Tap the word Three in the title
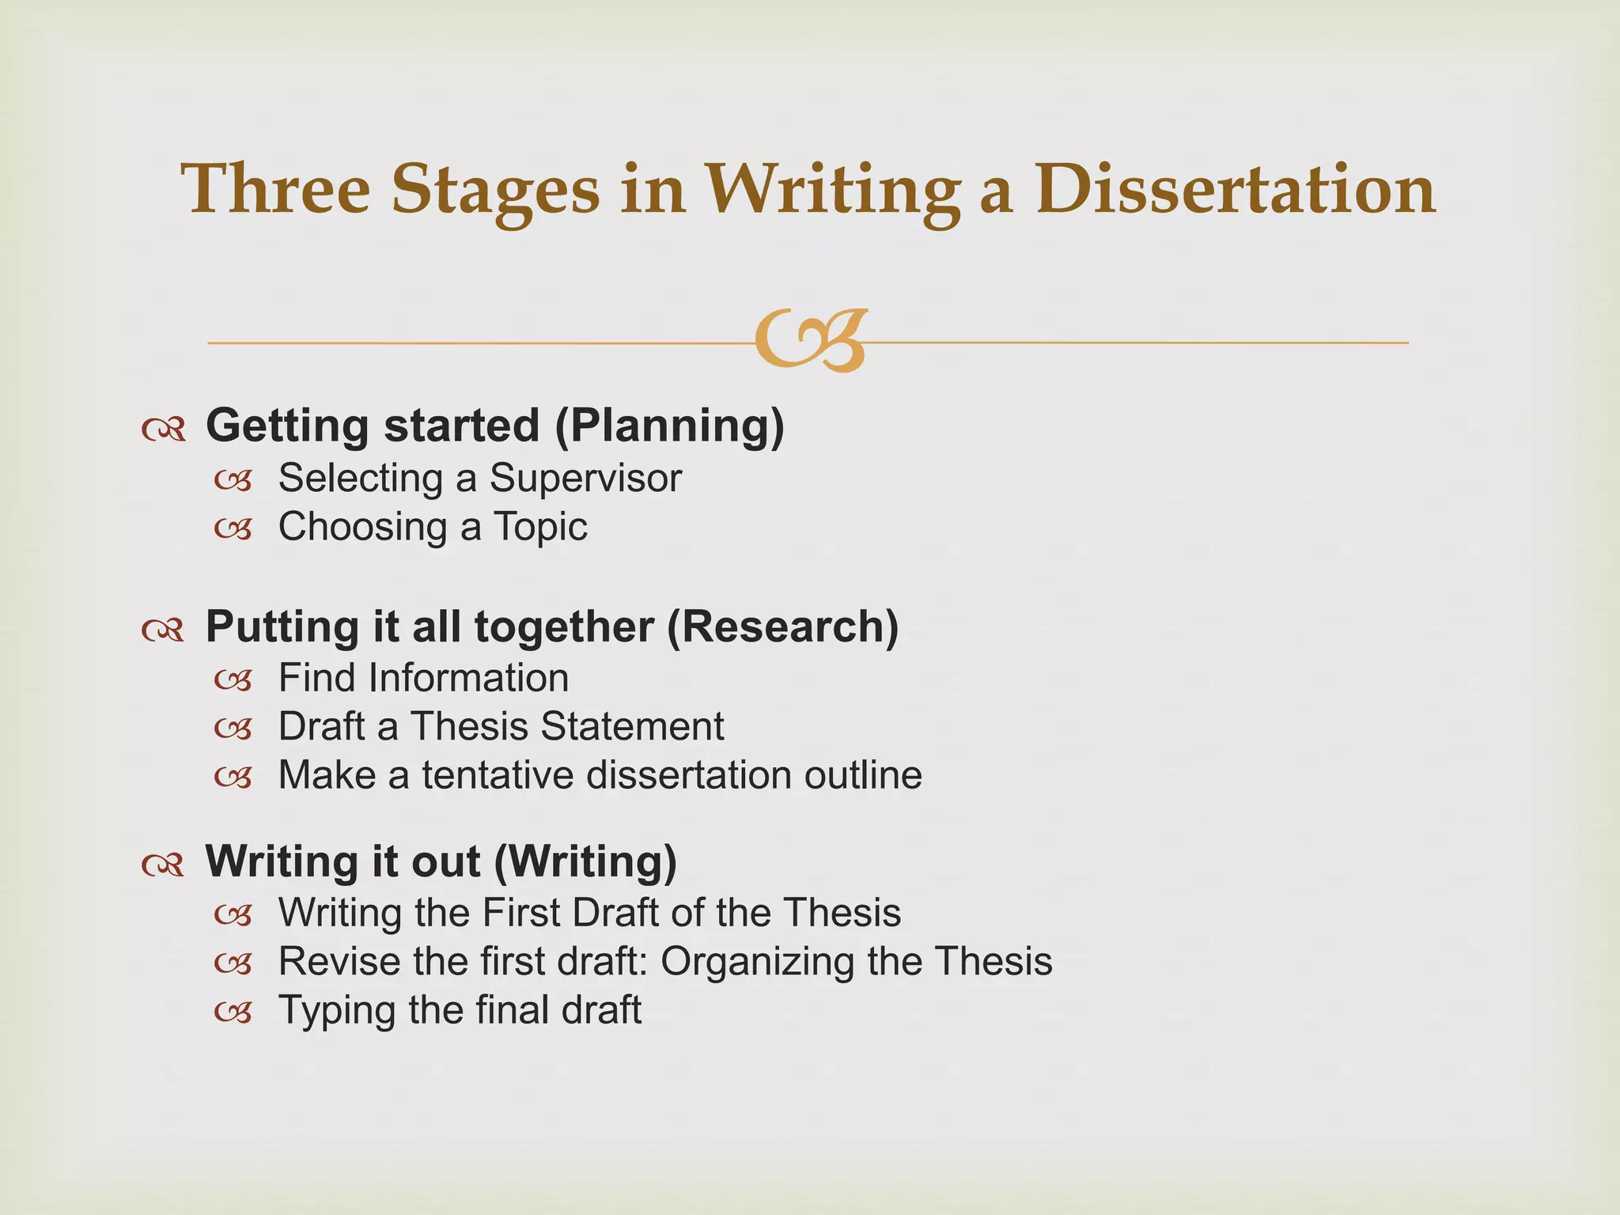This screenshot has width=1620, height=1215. pos(276,190)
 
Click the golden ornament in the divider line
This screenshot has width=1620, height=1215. pos(811,341)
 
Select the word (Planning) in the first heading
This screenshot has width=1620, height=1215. pos(669,426)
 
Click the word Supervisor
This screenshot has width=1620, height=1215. pos(585,478)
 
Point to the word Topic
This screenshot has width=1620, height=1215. pos(540,527)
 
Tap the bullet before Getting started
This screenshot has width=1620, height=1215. pos(164,430)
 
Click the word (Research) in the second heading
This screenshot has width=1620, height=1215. pos(782,626)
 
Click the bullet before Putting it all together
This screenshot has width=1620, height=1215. pos(164,630)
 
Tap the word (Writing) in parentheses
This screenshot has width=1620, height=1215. pos(585,861)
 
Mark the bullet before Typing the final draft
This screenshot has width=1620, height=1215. pos(233,1012)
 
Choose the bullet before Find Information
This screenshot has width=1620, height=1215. pos(233,679)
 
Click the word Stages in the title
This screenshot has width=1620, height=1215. pos(495,190)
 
